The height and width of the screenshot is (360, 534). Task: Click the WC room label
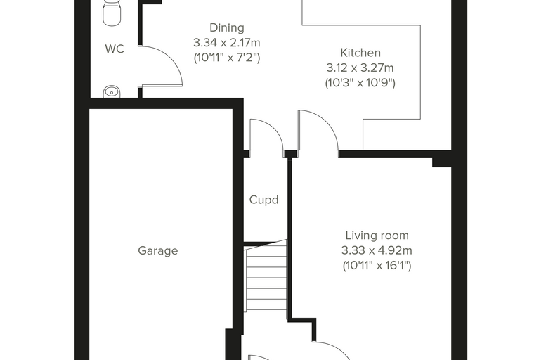[x=115, y=49]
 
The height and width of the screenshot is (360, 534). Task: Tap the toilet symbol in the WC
[x=112, y=13]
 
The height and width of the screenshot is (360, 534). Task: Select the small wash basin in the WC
[x=112, y=92]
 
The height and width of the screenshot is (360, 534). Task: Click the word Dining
[x=227, y=27]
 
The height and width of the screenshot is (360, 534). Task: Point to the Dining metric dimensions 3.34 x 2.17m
[x=227, y=43]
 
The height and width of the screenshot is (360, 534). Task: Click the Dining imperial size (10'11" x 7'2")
[x=227, y=58]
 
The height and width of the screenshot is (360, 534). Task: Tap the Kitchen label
[x=360, y=53]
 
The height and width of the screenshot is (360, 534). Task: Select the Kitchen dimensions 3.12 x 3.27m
[x=360, y=67]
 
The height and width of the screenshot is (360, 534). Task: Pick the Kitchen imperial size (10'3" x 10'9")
[x=360, y=83]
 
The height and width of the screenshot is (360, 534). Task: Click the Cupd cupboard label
[x=264, y=200]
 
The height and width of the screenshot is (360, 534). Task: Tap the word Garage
[x=157, y=251]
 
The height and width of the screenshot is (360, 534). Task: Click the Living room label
[x=377, y=236]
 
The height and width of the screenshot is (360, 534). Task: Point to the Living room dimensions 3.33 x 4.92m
[x=377, y=250]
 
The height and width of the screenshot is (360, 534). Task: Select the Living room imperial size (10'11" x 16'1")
[x=377, y=266]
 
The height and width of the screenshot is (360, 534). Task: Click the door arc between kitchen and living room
[x=327, y=122]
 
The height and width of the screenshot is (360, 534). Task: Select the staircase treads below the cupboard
[x=266, y=276]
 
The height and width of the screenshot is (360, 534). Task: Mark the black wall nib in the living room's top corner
[x=442, y=162]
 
